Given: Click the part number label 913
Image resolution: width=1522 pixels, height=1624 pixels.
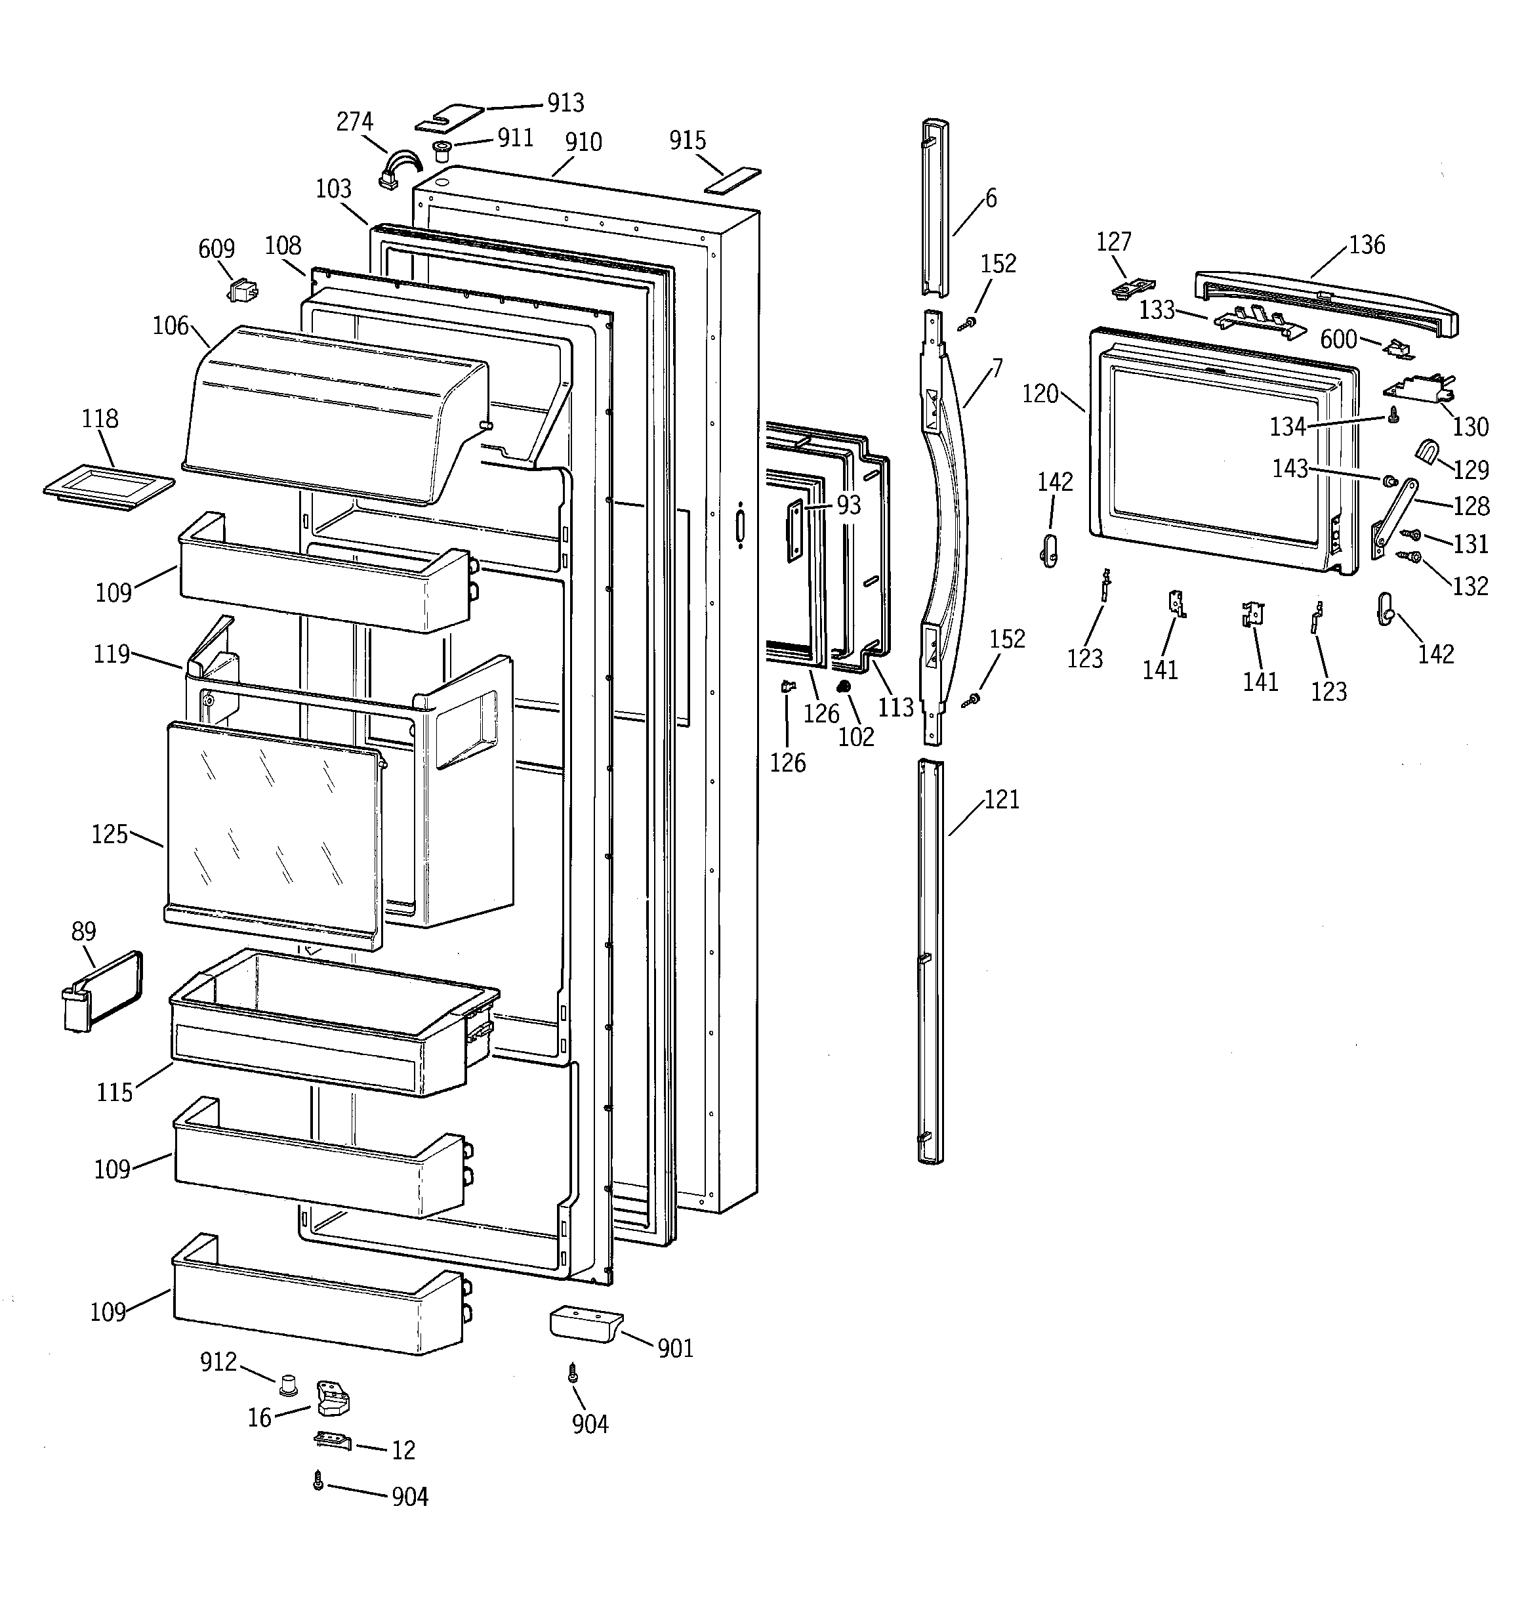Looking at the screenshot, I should [566, 103].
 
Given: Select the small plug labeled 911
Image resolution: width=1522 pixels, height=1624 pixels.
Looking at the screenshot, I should [442, 150].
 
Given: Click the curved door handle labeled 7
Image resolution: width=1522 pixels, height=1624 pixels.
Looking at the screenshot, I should [948, 523].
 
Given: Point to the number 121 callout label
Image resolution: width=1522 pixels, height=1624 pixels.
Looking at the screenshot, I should [1002, 799].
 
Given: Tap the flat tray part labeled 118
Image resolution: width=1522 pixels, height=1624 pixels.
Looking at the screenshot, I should [109, 487].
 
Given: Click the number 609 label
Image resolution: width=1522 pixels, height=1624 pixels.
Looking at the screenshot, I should [216, 248].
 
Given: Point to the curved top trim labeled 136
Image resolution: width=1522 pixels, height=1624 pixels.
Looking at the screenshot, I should [1323, 302].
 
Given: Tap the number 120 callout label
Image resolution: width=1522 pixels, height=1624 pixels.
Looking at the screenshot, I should [1040, 394].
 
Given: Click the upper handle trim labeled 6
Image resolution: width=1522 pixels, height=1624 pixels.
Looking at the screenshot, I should [936, 208].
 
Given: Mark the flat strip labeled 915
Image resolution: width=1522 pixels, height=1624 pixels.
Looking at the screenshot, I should [733, 180].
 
